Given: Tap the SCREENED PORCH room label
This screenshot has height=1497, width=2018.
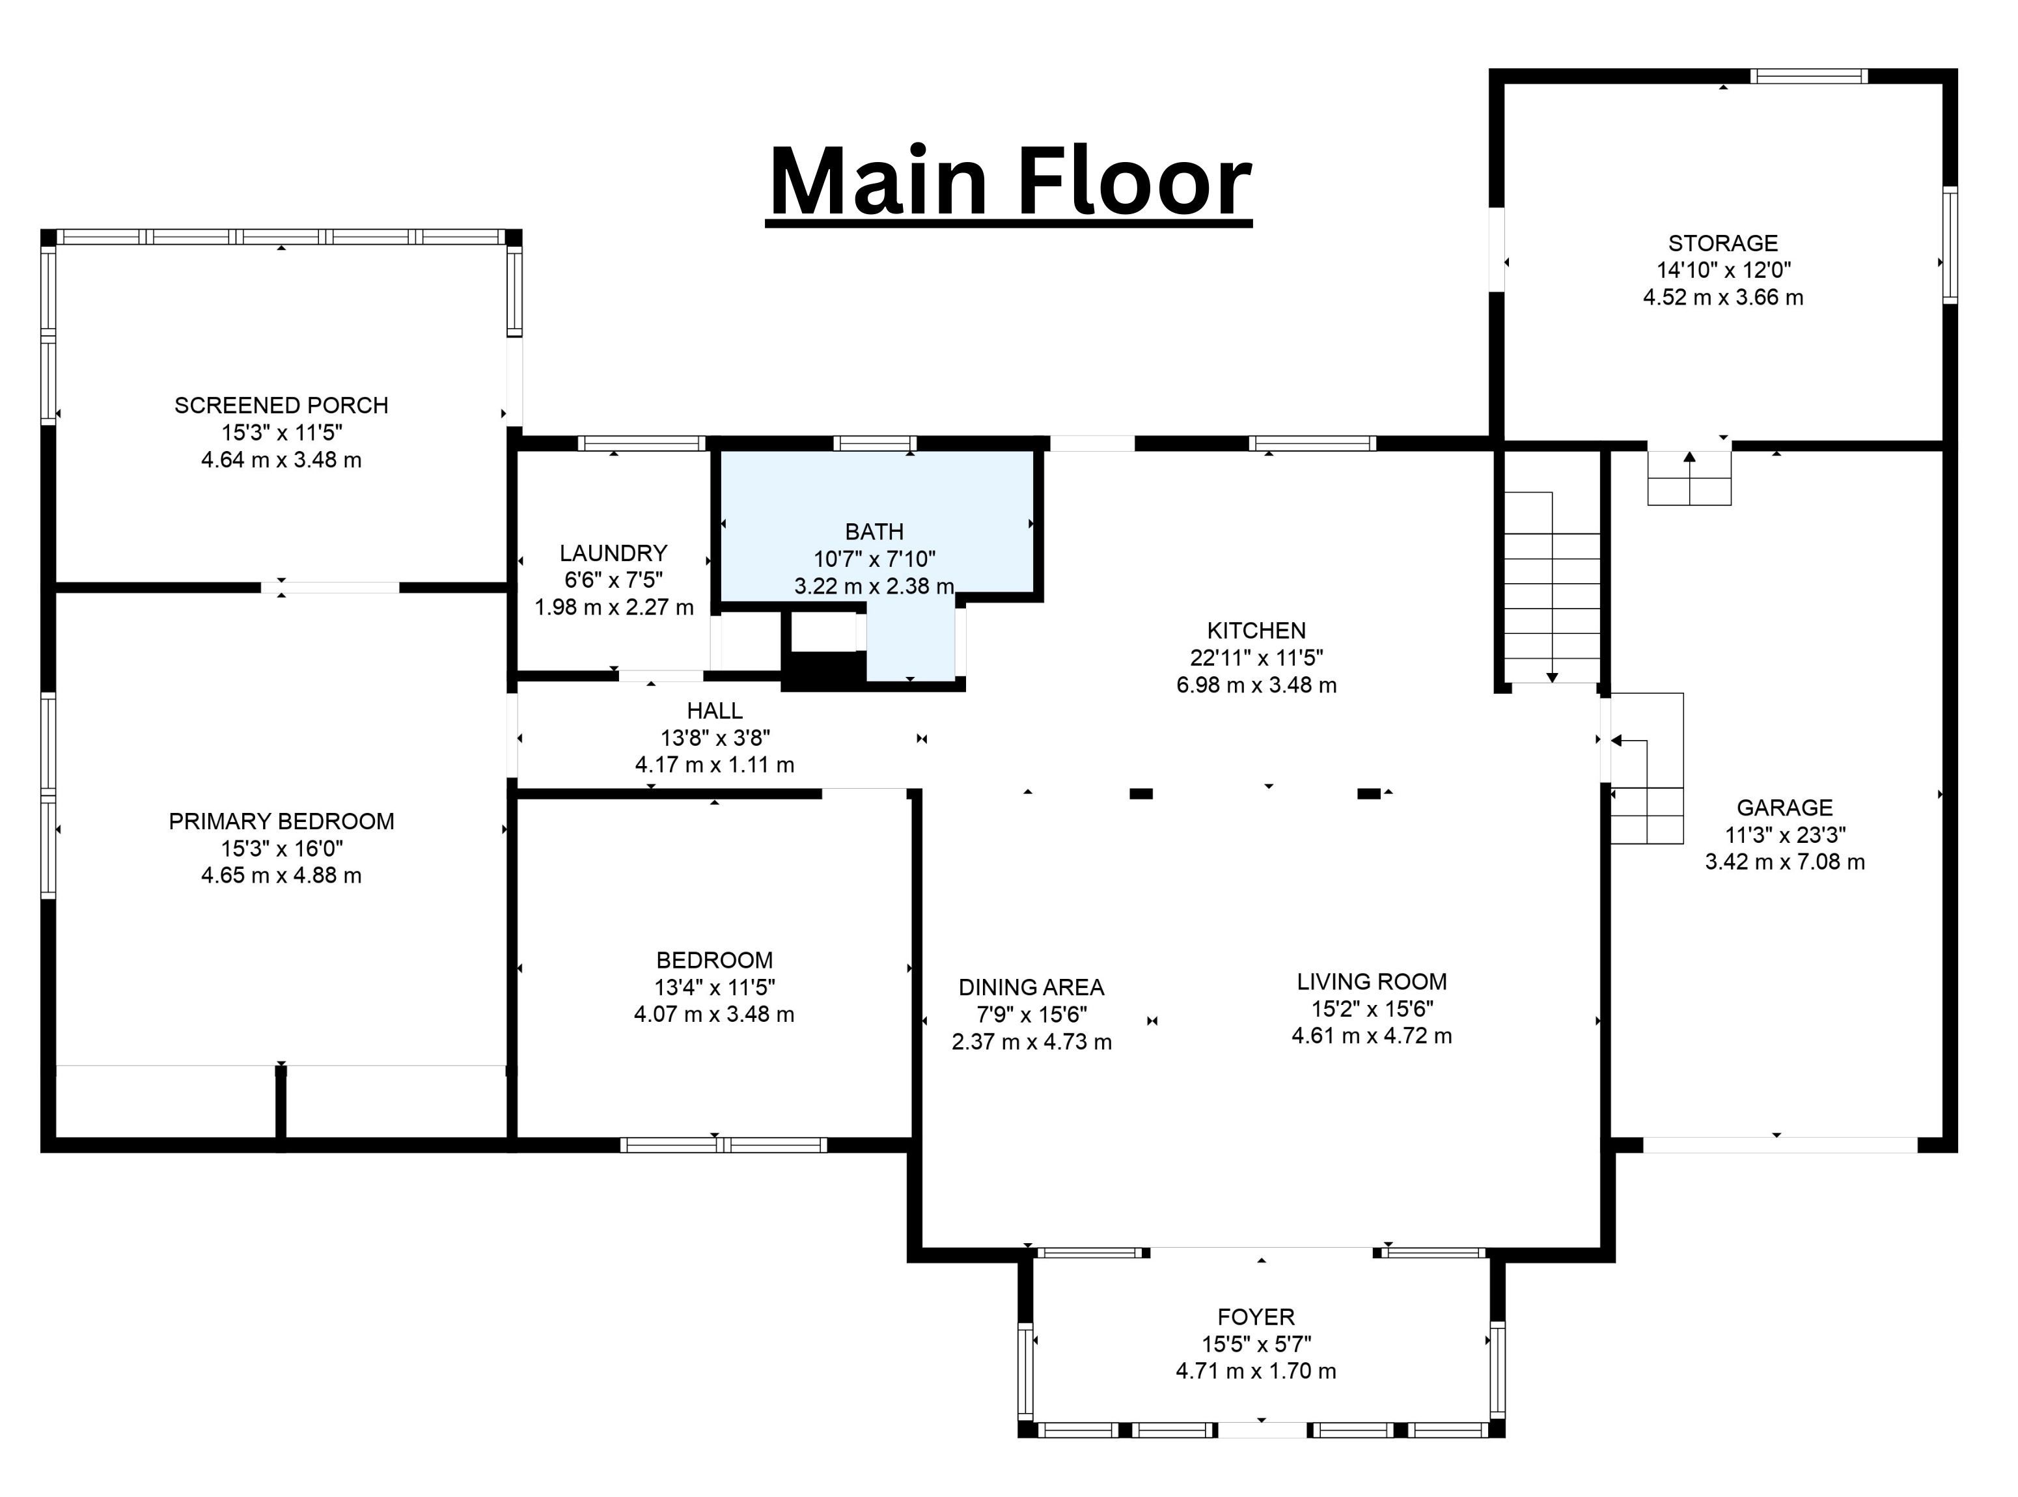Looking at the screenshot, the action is coord(281,405).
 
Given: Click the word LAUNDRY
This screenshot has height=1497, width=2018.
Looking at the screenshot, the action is coord(613,553).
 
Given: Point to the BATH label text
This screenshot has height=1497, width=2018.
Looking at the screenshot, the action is coord(874,531).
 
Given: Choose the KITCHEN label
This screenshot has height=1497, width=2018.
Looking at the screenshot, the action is coord(1256,630).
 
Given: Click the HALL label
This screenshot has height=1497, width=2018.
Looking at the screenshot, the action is coord(714,711).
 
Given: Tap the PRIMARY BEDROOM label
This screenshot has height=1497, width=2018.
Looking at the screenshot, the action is coord(281,821).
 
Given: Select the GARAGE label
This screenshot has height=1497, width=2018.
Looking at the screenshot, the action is coord(1784,807).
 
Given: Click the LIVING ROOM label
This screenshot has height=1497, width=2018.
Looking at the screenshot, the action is coord(1372,982).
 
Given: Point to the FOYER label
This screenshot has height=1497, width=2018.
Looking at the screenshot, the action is coord(1256,1317).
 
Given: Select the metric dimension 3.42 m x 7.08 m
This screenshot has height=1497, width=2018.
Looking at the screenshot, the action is coord(1784,862).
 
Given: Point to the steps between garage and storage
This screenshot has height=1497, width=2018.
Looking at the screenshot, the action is coord(1689,478).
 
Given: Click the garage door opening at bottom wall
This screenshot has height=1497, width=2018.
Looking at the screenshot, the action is coord(1780,1144).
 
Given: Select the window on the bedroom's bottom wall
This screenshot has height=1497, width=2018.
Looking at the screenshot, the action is coord(723,1144).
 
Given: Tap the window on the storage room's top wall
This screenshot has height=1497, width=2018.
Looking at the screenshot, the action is coord(1808,76).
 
